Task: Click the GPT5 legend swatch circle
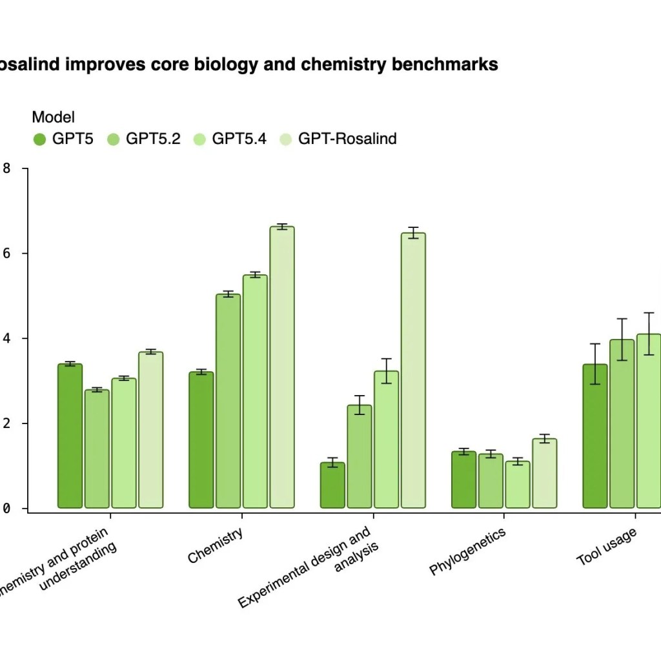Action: coord(39,139)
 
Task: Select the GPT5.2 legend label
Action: coord(153,138)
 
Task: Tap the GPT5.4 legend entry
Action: coord(239,138)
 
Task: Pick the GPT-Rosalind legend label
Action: coord(347,138)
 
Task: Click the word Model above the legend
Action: coord(53,117)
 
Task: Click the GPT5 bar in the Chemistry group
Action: coord(201,440)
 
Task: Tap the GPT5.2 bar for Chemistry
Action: coord(228,401)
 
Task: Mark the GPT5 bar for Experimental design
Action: coord(332,485)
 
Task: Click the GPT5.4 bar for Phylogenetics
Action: coord(517,484)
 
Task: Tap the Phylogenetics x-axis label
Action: coord(467,551)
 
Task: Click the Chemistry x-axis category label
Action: coord(216,545)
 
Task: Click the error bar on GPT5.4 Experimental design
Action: coord(386,371)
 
